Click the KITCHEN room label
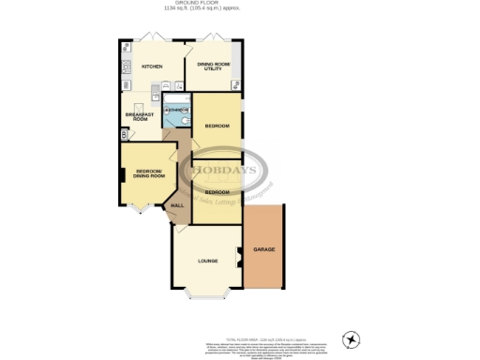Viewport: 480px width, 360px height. click(x=152, y=67)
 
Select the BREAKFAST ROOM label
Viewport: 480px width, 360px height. click(x=137, y=116)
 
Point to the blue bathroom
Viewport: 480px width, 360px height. click(x=175, y=112)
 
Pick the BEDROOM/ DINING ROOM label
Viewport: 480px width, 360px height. click(x=150, y=174)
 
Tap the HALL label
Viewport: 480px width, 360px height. click(x=176, y=205)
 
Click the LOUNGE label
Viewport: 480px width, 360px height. click(x=207, y=261)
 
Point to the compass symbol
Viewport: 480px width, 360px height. click(x=352, y=338)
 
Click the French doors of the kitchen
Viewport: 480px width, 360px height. click(x=151, y=42)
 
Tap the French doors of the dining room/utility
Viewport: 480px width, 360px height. click(x=210, y=42)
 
